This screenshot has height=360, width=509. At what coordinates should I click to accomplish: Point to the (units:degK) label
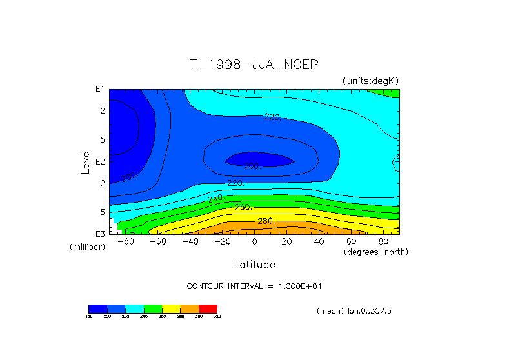(371, 81)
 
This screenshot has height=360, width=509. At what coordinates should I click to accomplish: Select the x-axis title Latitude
(254, 265)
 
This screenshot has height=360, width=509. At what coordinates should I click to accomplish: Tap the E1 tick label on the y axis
(100, 89)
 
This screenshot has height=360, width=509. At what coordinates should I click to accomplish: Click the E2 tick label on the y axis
(100, 161)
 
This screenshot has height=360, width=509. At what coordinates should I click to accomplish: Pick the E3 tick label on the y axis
(100, 234)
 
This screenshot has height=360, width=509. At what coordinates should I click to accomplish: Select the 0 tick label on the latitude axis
(254, 242)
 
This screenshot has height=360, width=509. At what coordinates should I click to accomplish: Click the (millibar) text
(87, 247)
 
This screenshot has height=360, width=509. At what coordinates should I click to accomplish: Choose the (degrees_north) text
(376, 251)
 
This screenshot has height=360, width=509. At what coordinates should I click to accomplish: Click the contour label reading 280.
(266, 221)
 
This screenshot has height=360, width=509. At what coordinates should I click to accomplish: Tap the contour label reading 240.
(215, 197)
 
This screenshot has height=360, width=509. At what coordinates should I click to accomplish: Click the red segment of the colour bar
(208, 308)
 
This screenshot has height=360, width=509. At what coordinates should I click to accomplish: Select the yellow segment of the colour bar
(171, 308)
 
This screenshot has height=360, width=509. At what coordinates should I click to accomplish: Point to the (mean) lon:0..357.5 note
(354, 311)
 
